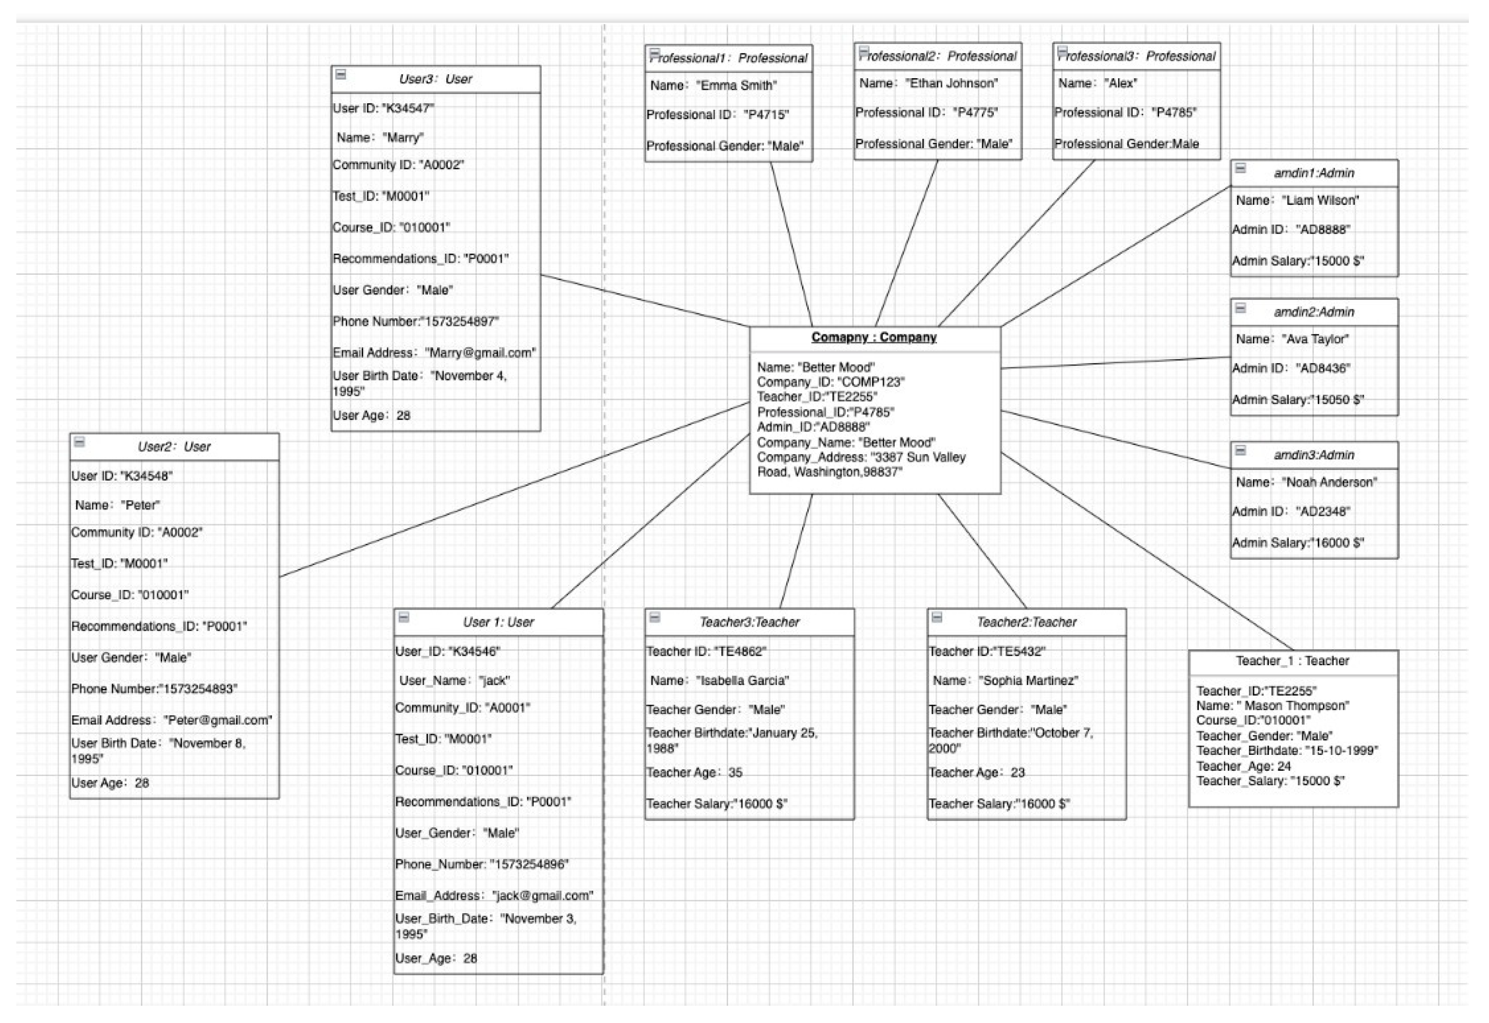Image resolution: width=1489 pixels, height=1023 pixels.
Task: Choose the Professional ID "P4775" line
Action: coord(926,113)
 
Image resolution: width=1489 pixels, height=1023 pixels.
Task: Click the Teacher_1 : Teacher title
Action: coord(1292,661)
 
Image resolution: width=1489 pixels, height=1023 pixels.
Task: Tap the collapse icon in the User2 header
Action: coord(80,442)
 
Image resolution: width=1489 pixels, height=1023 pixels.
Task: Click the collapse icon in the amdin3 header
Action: coord(1241,450)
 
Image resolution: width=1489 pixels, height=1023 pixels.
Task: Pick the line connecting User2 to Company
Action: coord(513,490)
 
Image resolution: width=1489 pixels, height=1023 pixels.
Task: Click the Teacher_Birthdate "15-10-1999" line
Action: coord(1287,751)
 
